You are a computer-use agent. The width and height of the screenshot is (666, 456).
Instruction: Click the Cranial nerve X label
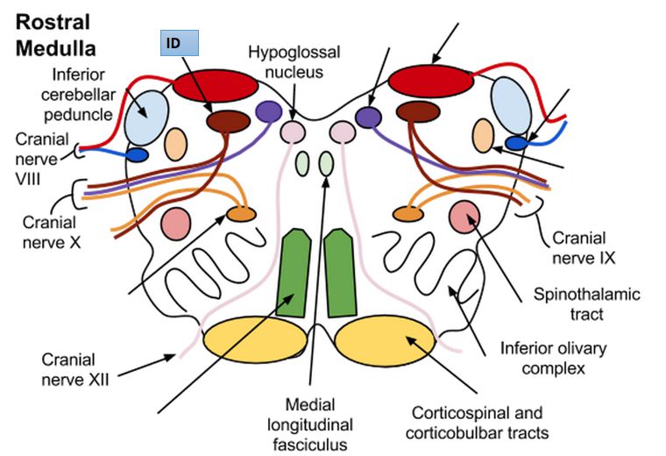53,230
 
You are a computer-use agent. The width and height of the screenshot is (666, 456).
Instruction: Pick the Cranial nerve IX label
585,248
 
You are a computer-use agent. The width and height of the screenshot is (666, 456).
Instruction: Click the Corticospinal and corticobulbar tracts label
477,423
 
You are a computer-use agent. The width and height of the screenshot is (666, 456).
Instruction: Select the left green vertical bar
295,271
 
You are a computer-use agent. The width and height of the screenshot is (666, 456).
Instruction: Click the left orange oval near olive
240,214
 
